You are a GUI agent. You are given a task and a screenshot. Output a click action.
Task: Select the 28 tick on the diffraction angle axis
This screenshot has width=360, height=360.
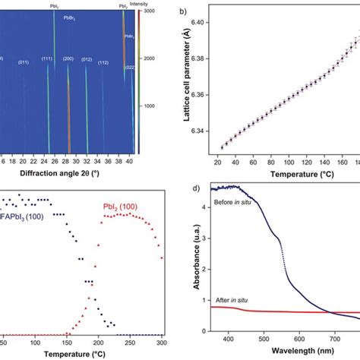coord(68,161)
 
